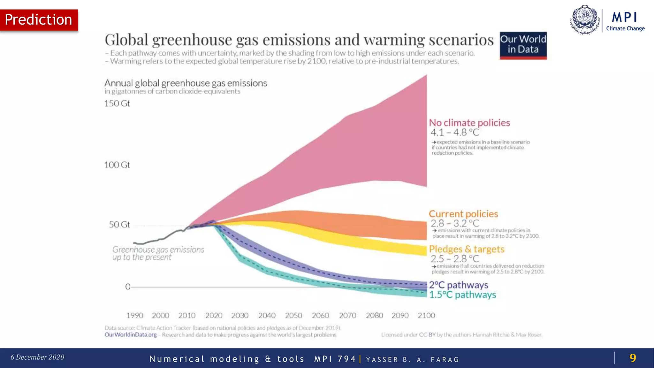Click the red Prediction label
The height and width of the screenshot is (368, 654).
tap(39, 20)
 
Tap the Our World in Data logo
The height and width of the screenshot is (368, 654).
tap(523, 45)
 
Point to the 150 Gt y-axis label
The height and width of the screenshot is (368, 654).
tap(117, 103)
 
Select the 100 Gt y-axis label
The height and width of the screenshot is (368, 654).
tap(117, 165)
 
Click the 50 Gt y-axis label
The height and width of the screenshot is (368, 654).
tap(119, 225)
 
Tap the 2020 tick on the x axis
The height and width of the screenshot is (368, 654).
tap(214, 316)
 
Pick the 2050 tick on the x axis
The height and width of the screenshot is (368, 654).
tap(293, 316)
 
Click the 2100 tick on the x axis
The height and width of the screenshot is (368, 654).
tap(426, 316)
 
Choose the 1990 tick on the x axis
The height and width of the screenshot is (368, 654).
tap(134, 316)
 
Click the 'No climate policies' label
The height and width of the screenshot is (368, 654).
tap(469, 123)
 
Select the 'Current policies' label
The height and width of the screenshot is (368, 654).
tap(463, 214)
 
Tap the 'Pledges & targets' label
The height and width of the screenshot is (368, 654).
tap(466, 249)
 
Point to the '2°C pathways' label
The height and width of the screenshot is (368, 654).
tap(458, 285)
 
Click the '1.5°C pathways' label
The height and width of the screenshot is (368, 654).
tap(462, 295)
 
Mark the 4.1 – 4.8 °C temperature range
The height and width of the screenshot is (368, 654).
tap(454, 132)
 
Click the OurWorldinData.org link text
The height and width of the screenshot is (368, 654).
tap(131, 335)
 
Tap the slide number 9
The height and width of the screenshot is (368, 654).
tap(632, 358)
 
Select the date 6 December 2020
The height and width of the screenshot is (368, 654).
tap(37, 357)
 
